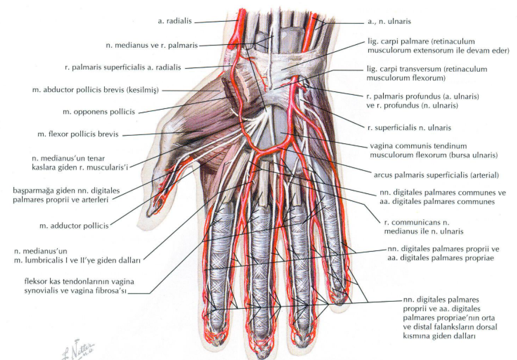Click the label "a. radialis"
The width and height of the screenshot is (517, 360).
(175, 21)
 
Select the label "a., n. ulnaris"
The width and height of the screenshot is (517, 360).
(389, 22)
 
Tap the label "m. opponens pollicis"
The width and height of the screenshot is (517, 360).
(99, 112)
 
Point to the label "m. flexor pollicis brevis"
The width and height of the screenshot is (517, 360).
(78, 135)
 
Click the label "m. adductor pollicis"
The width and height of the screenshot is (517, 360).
(74, 226)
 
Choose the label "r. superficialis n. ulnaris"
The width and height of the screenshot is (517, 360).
(409, 128)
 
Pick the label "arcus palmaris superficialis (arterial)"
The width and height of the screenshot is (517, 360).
(436, 175)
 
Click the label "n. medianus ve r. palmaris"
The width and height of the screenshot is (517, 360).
(152, 45)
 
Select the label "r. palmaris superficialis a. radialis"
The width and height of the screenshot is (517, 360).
(123, 68)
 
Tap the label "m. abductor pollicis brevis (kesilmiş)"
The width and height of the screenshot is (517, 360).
(95, 90)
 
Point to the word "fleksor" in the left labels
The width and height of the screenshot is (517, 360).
(35, 282)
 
